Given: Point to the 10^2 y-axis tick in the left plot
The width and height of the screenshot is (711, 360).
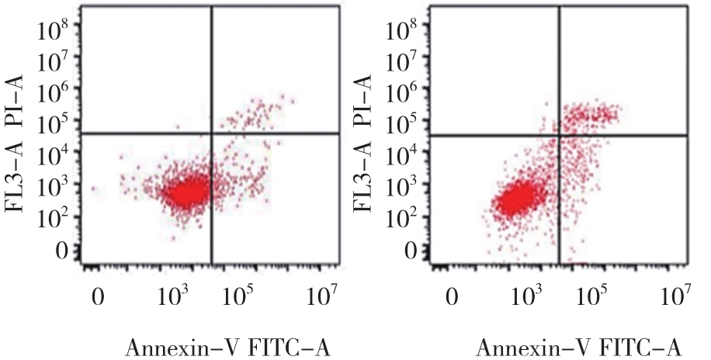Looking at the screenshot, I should click(x=55, y=218).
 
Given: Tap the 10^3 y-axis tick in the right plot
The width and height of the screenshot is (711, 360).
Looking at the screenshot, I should click(x=408, y=186).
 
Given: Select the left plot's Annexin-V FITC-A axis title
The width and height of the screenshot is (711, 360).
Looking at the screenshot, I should click(x=228, y=348).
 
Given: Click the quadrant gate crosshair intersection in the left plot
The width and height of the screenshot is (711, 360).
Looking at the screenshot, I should click(x=211, y=134).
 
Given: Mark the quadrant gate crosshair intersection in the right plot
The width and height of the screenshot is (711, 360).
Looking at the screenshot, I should click(x=561, y=136).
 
